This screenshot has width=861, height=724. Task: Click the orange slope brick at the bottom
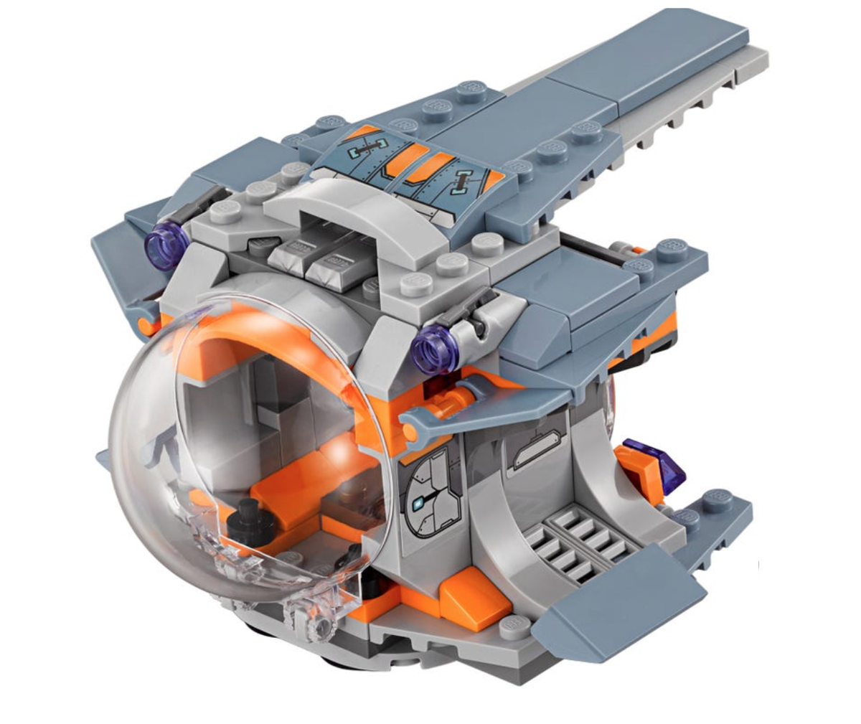pyautogui.click(x=474, y=600)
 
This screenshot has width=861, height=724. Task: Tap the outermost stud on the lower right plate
pyautogui.click(x=717, y=499)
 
